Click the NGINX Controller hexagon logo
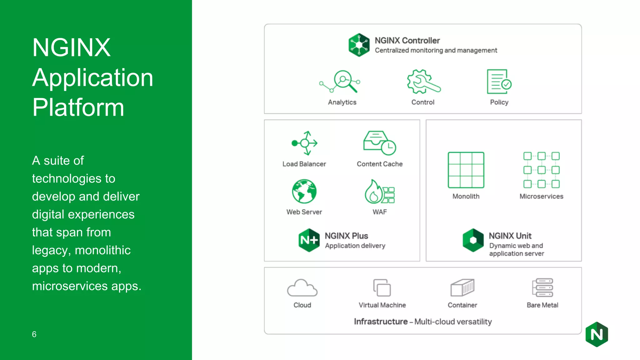coord(359,45)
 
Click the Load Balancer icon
coord(305,143)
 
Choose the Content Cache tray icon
coord(379,143)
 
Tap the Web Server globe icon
coord(304,191)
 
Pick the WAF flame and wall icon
coord(379,191)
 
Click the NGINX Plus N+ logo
coord(309,240)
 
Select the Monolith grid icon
coord(466,170)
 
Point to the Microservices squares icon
coord(541,170)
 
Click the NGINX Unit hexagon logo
coord(473,240)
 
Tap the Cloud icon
coord(302,288)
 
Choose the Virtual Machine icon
coord(382,287)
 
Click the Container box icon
coord(462,287)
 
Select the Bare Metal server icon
coord(542,287)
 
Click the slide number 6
coord(34,334)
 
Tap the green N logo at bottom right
coord(597,334)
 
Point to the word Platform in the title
coord(78,107)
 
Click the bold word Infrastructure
coord(381,322)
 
